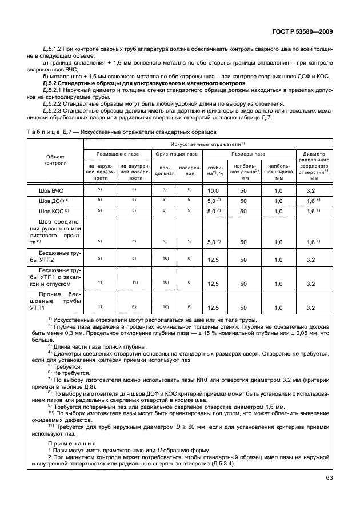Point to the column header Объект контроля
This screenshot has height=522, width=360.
[55, 160]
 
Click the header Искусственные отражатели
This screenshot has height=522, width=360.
[203, 143]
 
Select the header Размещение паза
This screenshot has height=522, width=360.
[117, 154]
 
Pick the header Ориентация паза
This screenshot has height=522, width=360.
[177, 154]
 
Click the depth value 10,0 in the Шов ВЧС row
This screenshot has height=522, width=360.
[214, 190]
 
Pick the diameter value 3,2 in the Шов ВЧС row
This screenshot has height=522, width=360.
[311, 190]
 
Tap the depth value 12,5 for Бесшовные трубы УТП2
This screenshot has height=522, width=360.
[214, 259]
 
